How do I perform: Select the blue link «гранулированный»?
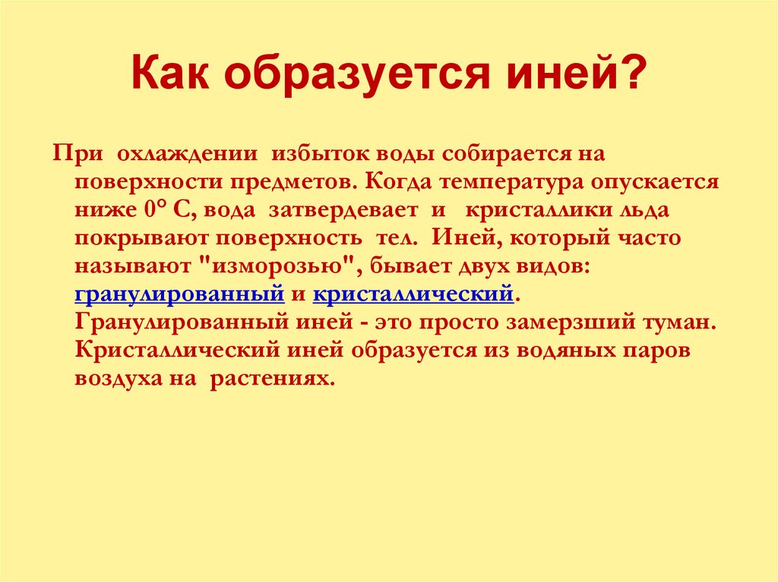click(179, 294)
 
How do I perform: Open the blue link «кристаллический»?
click(414, 294)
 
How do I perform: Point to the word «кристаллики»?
click(529, 210)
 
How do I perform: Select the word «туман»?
click(676, 322)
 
